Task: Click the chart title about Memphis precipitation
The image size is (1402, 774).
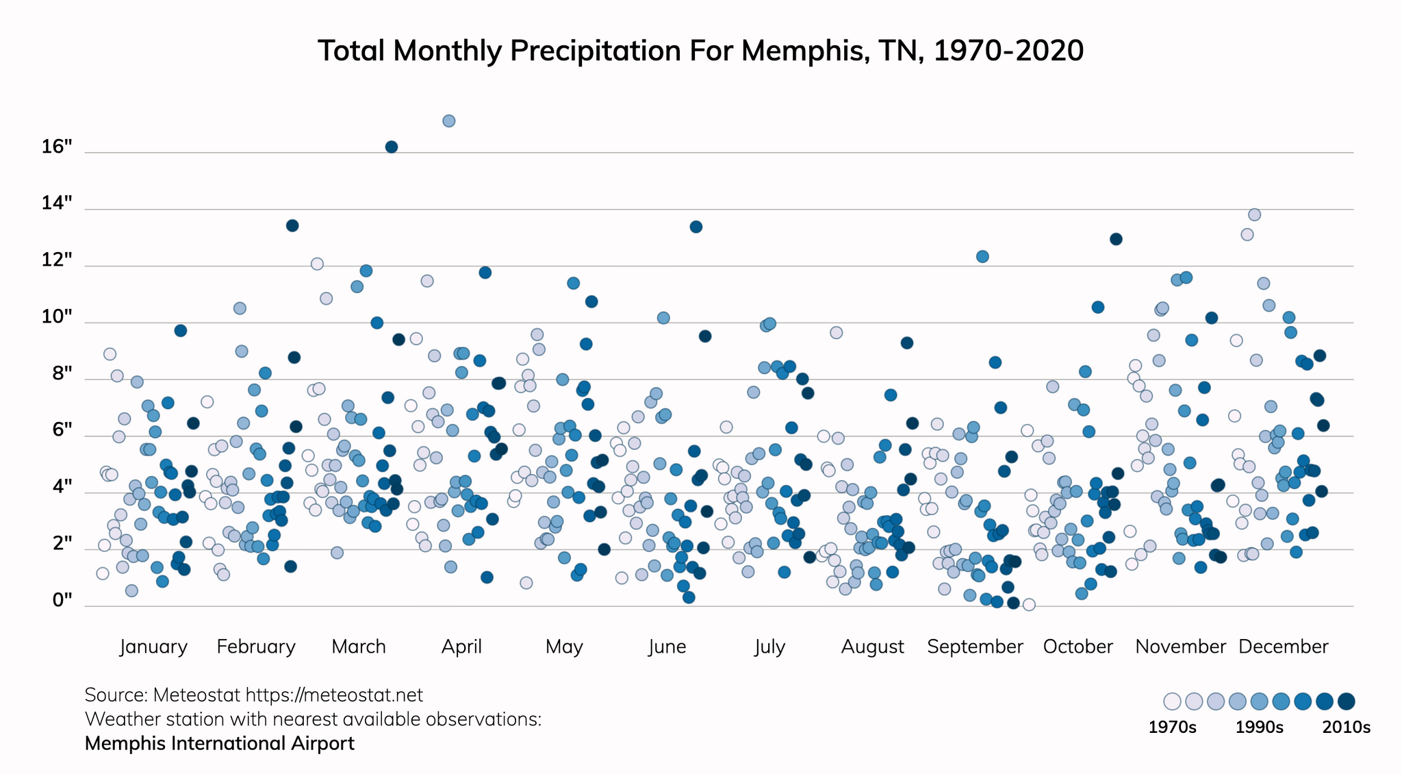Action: coord(700,51)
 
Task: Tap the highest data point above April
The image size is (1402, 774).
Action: coord(449,121)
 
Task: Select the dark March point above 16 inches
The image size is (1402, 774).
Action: coord(392,147)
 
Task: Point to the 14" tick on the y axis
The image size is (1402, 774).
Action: coord(57,203)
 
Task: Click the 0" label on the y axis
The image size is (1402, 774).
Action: coord(62,600)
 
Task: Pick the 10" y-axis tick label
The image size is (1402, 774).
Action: coord(57,317)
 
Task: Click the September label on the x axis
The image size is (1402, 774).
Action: coord(975,647)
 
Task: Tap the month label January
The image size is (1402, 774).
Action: coord(153,647)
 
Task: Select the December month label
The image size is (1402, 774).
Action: coord(1283,647)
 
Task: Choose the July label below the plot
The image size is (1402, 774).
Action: coord(769,647)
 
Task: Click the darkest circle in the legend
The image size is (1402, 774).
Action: coord(1347,701)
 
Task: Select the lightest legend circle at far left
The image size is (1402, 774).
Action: coord(1172,701)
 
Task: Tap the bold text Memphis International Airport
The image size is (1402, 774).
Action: coord(220,743)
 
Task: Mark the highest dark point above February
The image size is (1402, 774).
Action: coord(292,225)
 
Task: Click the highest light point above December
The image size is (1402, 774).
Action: coord(1254,214)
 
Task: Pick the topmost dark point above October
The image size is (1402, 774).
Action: coord(1116,239)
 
